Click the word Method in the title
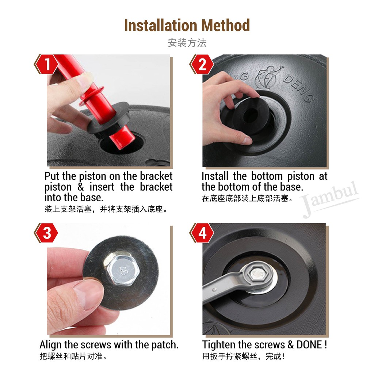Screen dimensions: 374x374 pos(225,25)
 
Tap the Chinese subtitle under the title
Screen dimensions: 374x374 pos(187,43)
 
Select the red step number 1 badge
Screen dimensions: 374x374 pos(46,64)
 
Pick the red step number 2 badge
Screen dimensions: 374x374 pos(202,64)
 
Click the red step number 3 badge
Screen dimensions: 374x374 pos(46,233)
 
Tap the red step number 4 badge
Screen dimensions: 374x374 pos(202,233)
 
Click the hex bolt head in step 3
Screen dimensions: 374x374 pos(122,270)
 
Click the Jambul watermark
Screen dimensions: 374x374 pos(330,199)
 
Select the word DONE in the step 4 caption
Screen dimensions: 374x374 pos(309,345)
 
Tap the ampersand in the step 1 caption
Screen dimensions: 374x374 pos(81,187)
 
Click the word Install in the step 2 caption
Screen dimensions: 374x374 pos(215,176)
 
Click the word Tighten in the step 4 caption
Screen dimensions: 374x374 pos(219,345)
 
